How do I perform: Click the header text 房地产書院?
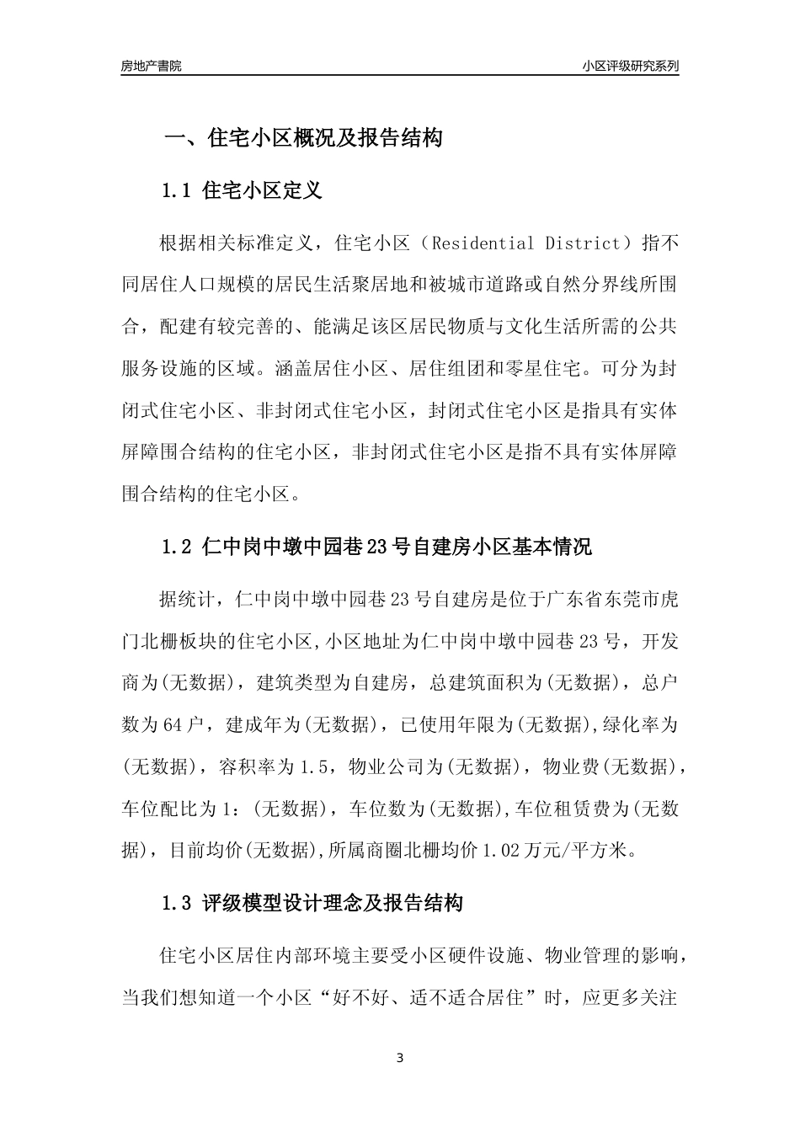click(x=151, y=66)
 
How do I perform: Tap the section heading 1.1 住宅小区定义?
click(x=242, y=191)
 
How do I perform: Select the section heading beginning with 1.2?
click(x=376, y=547)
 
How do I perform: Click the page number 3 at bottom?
click(x=400, y=1058)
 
